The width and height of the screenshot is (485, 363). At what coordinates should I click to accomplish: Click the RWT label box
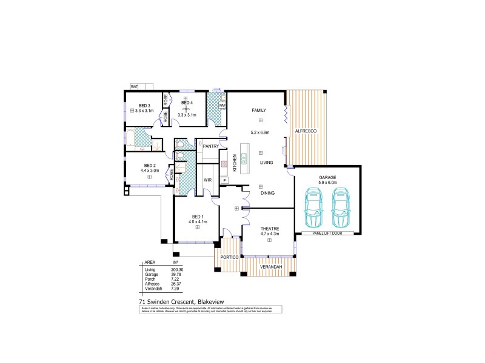[x=133, y=87]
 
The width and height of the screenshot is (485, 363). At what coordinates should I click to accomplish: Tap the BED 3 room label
[x=144, y=105]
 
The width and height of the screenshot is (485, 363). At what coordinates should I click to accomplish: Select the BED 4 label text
[x=186, y=103]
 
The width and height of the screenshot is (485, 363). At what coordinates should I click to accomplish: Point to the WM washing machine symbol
[x=222, y=105]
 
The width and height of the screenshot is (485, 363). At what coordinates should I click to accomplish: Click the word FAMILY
[x=260, y=110]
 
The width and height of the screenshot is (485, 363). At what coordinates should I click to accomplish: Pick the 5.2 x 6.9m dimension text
[x=260, y=132]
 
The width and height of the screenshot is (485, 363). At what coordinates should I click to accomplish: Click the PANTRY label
[x=210, y=146]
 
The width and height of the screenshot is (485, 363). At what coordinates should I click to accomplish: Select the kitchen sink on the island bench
[x=244, y=159]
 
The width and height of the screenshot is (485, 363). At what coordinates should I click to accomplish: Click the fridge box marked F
[x=224, y=180]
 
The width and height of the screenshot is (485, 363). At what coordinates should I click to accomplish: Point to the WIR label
[x=207, y=180]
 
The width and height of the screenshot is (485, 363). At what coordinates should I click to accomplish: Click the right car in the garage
[x=341, y=206]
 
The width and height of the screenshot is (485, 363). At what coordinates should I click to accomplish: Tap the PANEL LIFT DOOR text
[x=327, y=232]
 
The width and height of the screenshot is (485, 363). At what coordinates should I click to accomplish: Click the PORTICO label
[x=229, y=258]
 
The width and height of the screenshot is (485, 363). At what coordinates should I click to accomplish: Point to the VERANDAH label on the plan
[x=269, y=266]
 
